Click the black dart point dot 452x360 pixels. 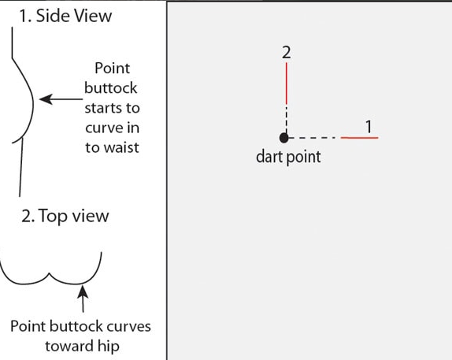click(284, 138)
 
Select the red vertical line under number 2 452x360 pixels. click(287, 84)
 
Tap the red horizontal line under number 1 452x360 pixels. click(359, 138)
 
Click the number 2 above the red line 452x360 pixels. click(287, 53)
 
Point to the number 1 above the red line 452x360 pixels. click(369, 126)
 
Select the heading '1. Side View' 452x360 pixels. click(65, 16)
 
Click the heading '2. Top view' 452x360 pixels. click(65, 216)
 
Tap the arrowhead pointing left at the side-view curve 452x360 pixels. click(46, 99)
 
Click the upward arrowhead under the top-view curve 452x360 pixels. click(83, 291)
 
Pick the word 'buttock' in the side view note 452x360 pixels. click(111, 88)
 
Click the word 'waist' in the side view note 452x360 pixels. click(121, 147)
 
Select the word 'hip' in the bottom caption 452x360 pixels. click(109, 347)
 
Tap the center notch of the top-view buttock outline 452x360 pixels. click(50, 273)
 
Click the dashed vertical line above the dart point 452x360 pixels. click(287, 120)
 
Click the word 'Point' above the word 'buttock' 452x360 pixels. click(113, 68)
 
